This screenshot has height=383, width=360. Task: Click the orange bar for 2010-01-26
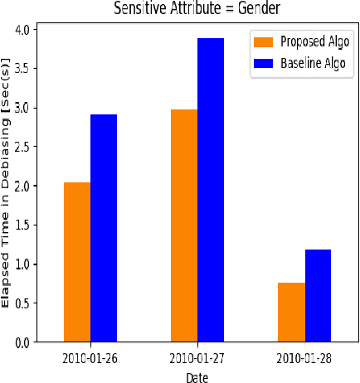pos(77,262)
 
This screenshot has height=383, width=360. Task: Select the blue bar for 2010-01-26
pos(104,228)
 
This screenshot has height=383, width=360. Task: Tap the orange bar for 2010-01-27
pos(184,225)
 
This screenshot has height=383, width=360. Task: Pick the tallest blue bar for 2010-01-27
pos(211,190)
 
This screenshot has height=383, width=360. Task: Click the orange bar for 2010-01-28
pos(291,312)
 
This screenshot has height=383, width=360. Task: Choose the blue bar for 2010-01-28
pos(318,295)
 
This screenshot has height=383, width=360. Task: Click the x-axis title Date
pos(197,376)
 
